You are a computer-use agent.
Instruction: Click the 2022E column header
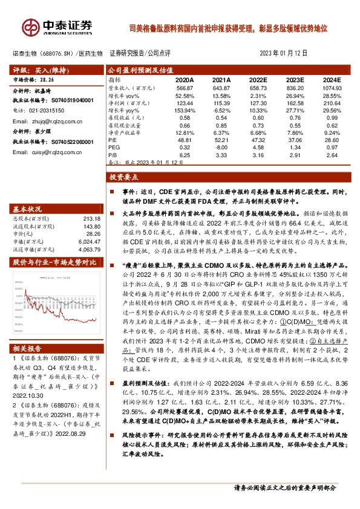click(x=258, y=80)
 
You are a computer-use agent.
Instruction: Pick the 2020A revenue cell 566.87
click(x=185, y=88)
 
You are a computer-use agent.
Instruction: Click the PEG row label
click(x=114, y=147)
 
